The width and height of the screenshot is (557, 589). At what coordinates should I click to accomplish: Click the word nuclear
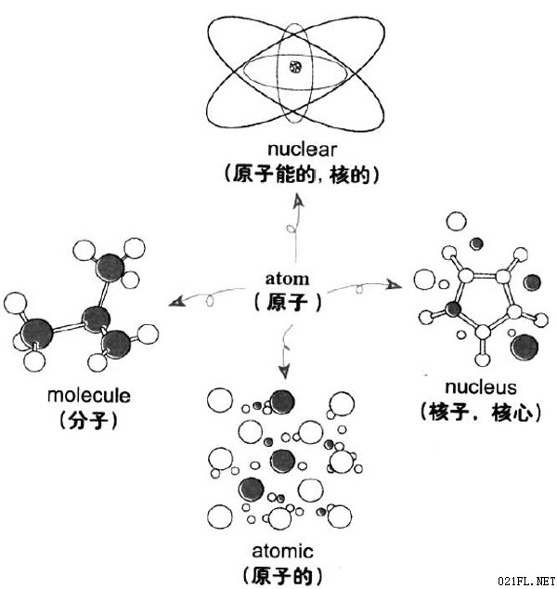pyautogui.click(x=302, y=150)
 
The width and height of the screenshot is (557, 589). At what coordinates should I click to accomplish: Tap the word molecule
pyautogui.click(x=89, y=396)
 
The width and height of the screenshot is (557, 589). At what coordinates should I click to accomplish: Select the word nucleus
pyautogui.click(x=481, y=387)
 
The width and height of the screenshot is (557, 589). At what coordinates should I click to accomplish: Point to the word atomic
pyautogui.click(x=282, y=551)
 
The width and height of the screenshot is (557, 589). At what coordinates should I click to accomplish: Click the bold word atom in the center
pyautogui.click(x=287, y=279)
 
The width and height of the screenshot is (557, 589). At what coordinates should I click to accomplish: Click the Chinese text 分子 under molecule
pyautogui.click(x=88, y=420)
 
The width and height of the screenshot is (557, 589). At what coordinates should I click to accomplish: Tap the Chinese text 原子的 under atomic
pyautogui.click(x=282, y=576)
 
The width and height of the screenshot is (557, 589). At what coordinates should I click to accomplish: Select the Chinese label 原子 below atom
pyautogui.click(x=288, y=302)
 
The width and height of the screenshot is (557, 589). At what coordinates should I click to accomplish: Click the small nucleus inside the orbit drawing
pyautogui.click(x=296, y=67)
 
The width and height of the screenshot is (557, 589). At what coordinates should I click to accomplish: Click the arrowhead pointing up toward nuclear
pyautogui.click(x=299, y=202)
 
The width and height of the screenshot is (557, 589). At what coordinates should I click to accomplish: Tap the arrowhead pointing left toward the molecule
pyautogui.click(x=176, y=301)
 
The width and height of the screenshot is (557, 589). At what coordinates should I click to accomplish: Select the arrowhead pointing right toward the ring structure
pyautogui.click(x=395, y=285)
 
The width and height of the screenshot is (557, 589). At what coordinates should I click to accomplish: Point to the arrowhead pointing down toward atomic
pyautogui.click(x=284, y=372)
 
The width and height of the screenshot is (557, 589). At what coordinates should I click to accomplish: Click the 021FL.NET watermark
pyautogui.click(x=527, y=582)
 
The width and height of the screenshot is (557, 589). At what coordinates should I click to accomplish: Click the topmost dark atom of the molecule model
pyautogui.click(x=110, y=267)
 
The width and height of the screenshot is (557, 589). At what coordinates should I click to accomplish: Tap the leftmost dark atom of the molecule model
pyautogui.click(x=36, y=334)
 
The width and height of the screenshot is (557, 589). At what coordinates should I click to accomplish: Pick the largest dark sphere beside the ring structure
pyautogui.click(x=525, y=347)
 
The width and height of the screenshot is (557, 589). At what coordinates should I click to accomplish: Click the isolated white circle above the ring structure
pyautogui.click(x=457, y=221)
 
